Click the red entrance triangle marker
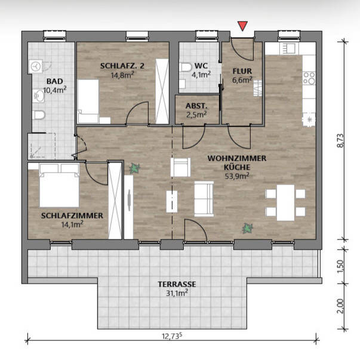(x=242, y=26)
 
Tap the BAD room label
(x=55, y=81)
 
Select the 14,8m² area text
(x=123, y=75)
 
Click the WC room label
(x=201, y=66)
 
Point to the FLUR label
(x=242, y=71)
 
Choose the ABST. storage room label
(x=196, y=106)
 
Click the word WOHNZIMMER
(x=237, y=158)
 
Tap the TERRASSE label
(x=177, y=284)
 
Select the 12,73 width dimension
(x=172, y=336)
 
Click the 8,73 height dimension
(x=340, y=140)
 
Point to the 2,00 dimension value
(x=340, y=306)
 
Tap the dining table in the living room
(x=285, y=202)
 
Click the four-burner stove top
(x=309, y=78)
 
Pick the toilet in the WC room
(x=186, y=67)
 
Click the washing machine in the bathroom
(x=35, y=66)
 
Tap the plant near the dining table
(x=248, y=229)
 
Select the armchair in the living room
(x=180, y=167)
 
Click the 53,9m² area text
(x=237, y=176)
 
